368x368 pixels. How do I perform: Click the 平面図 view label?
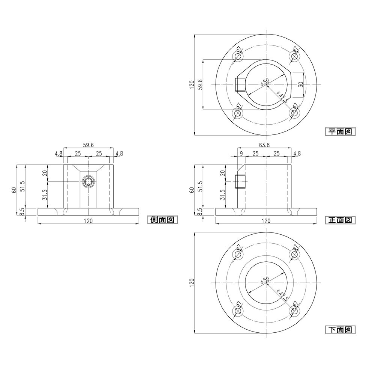point(339,131)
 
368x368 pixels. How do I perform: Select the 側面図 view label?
point(161,220)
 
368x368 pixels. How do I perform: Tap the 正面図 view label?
point(339,220)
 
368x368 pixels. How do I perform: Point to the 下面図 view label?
point(339,330)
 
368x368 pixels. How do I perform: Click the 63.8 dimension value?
point(264,145)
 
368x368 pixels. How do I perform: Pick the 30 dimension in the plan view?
point(301,84)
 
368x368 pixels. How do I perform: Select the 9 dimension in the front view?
point(241,154)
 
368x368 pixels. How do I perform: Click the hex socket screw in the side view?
point(88,182)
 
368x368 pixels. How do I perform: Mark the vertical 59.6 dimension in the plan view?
point(201,84)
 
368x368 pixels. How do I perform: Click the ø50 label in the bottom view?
point(265,280)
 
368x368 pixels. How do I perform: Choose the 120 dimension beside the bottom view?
point(192,283)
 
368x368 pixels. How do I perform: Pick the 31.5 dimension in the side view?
point(44,195)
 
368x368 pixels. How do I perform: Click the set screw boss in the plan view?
point(240,85)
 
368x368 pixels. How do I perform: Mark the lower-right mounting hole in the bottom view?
point(294,311)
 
